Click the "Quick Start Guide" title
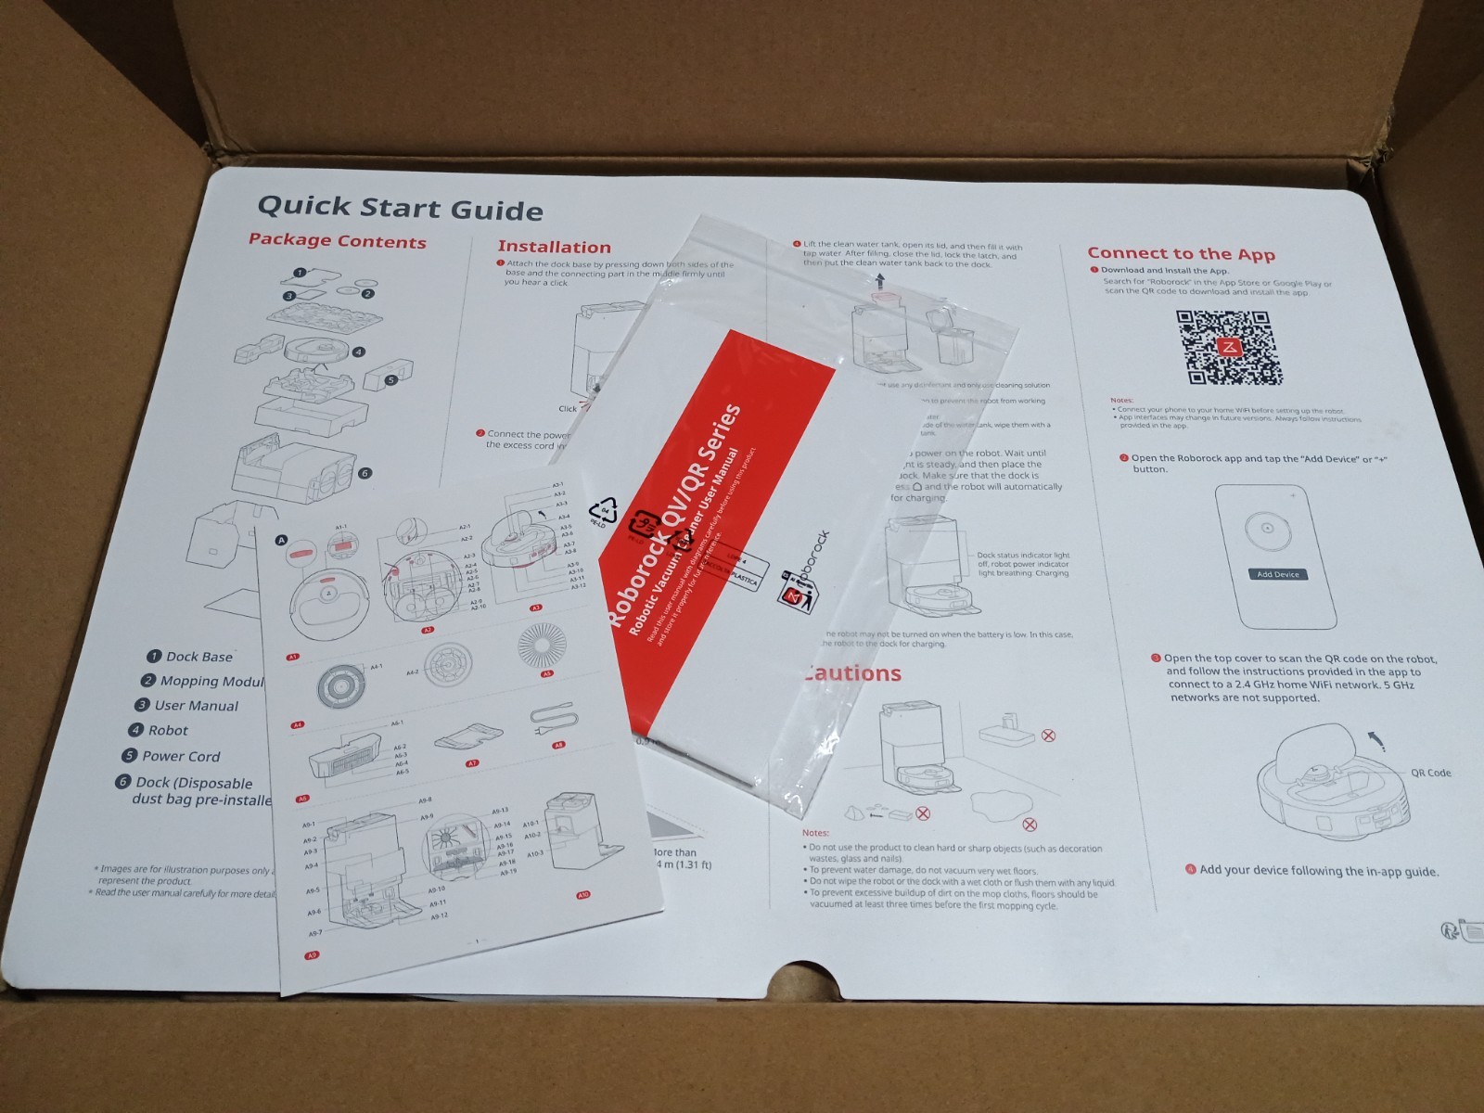coord(400,208)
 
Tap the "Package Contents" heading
coord(337,241)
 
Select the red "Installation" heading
coord(554,247)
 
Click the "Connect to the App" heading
coord(1181,253)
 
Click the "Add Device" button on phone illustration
coord(1277,574)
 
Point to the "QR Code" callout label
coord(1430,773)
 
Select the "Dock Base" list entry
coord(198,657)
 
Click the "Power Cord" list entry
coord(181,756)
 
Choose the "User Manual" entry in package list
coord(196,706)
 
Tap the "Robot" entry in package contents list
coord(167,731)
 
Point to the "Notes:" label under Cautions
coord(815,833)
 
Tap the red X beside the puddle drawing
coord(1029,825)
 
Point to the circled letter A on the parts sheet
coord(282,541)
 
